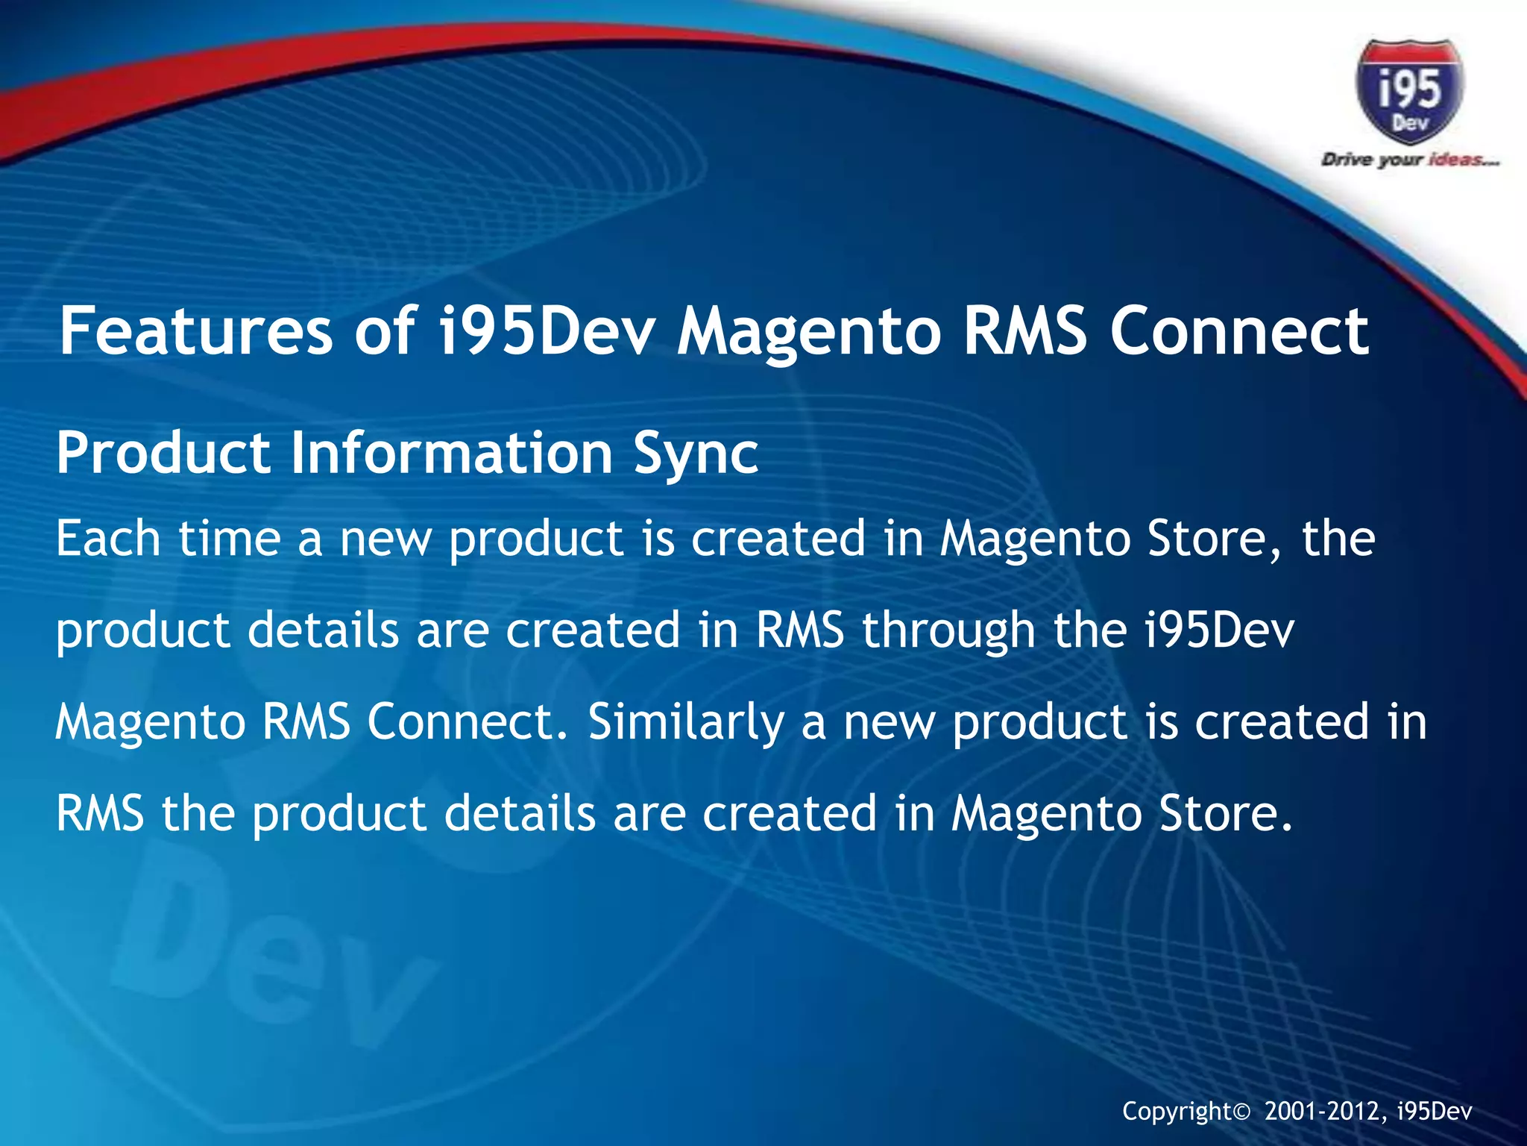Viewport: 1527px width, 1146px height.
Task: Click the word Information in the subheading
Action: coord(451,453)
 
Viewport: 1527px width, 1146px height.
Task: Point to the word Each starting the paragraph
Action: coord(107,538)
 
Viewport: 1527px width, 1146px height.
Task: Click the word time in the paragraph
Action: coord(229,538)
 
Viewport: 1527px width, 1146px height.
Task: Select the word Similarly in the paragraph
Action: coord(686,722)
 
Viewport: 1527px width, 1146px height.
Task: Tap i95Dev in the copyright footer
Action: coord(1435,1111)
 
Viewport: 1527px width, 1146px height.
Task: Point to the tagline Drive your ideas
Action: coord(1409,160)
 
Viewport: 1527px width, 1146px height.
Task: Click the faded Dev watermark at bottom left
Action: coord(268,962)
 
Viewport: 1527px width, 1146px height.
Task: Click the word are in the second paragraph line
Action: coord(452,631)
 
